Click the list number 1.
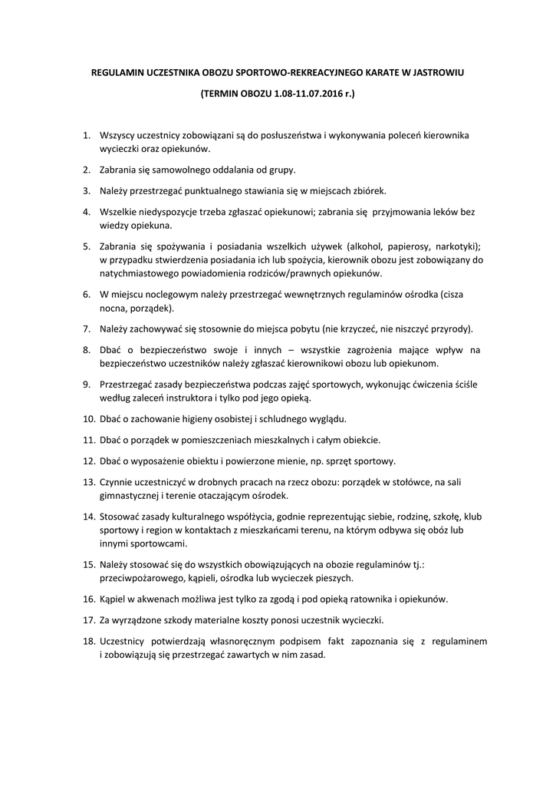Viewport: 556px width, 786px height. (x=87, y=135)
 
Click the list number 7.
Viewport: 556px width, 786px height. (x=87, y=329)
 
